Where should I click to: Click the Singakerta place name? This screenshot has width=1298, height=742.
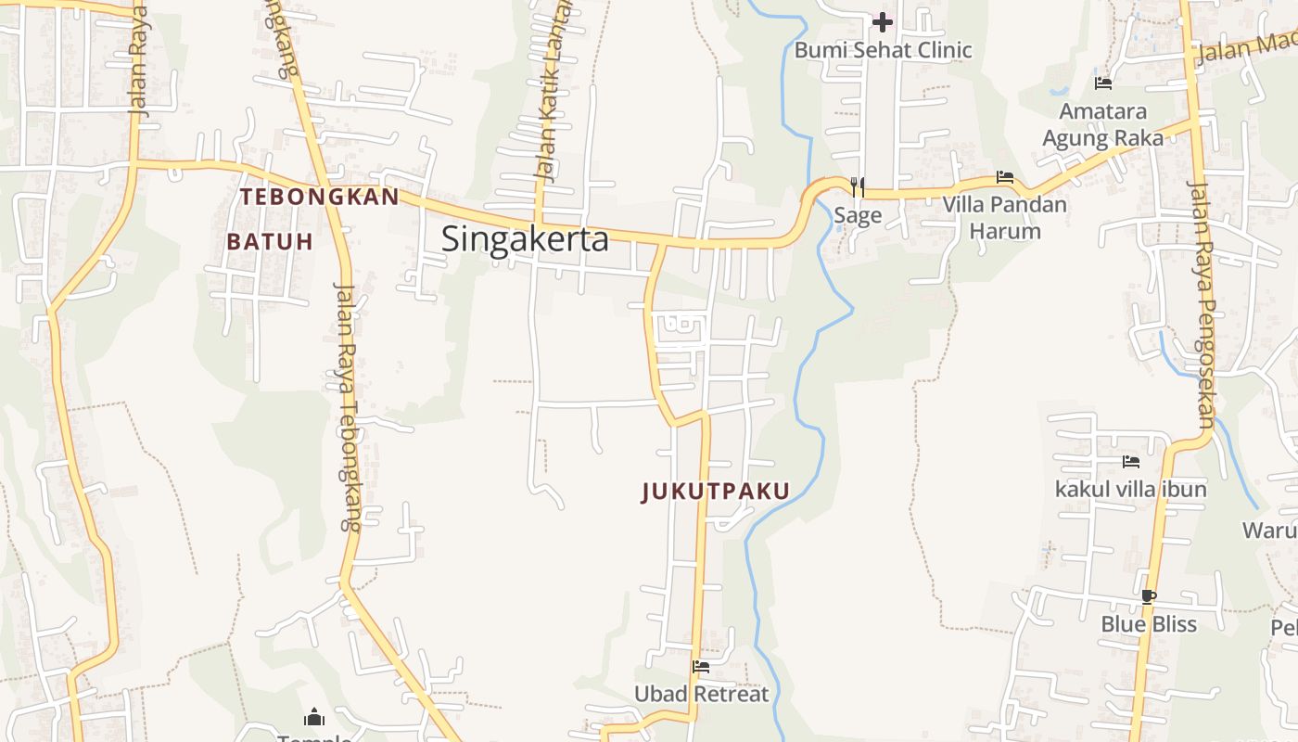pyautogui.click(x=525, y=239)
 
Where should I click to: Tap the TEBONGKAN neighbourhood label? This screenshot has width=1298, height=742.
pyautogui.click(x=320, y=197)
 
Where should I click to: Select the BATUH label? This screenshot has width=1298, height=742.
pyautogui.click(x=270, y=242)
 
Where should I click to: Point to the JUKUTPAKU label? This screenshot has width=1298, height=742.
pyautogui.click(x=716, y=492)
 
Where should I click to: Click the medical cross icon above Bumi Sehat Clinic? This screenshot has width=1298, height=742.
pyautogui.click(x=883, y=21)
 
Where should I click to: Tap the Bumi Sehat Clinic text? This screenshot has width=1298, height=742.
pyautogui.click(x=883, y=50)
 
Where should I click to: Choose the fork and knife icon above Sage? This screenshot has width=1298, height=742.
pyautogui.click(x=858, y=187)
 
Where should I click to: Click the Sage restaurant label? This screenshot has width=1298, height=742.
pyautogui.click(x=858, y=216)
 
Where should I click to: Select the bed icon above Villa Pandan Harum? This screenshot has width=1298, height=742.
pyautogui.click(x=1005, y=177)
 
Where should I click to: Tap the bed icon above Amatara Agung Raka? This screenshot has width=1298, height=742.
pyautogui.click(x=1103, y=83)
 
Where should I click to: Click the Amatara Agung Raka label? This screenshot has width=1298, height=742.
pyautogui.click(x=1103, y=124)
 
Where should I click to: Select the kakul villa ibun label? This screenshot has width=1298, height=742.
pyautogui.click(x=1131, y=489)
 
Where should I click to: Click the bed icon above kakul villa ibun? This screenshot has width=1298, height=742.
pyautogui.click(x=1131, y=461)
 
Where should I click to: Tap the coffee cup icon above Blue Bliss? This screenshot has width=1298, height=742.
pyautogui.click(x=1149, y=596)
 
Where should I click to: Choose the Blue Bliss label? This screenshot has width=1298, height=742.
pyautogui.click(x=1149, y=624)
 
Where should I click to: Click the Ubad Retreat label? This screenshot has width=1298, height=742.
pyautogui.click(x=701, y=694)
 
